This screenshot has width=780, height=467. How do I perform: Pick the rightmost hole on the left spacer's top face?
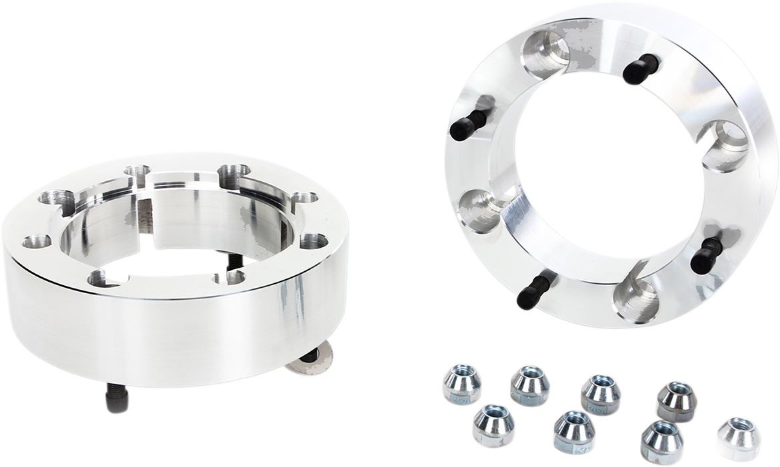[312, 241]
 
